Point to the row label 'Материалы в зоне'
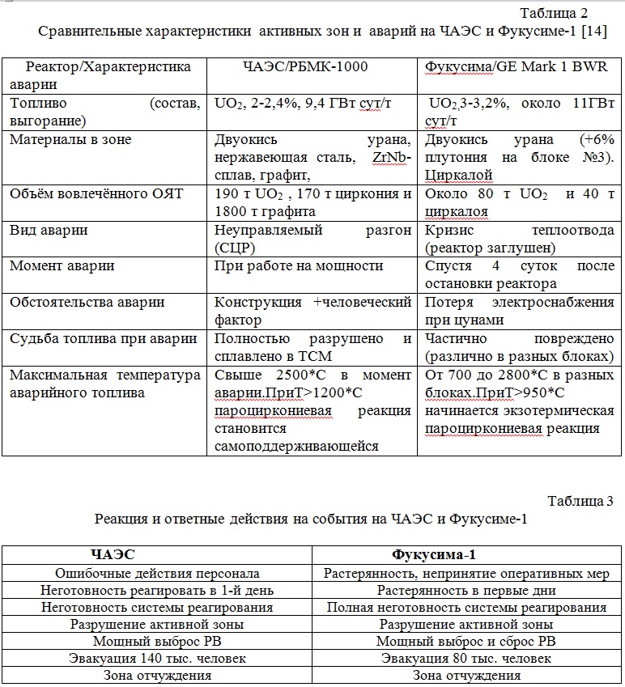tap(70, 140)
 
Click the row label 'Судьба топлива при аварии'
tap(103, 339)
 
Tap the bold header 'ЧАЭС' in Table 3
tap(113, 555)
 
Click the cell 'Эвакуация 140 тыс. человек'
tap(158, 659)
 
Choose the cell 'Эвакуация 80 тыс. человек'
tap(466, 659)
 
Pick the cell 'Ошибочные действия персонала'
tap(157, 574)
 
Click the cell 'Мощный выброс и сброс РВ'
tap(466, 642)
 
